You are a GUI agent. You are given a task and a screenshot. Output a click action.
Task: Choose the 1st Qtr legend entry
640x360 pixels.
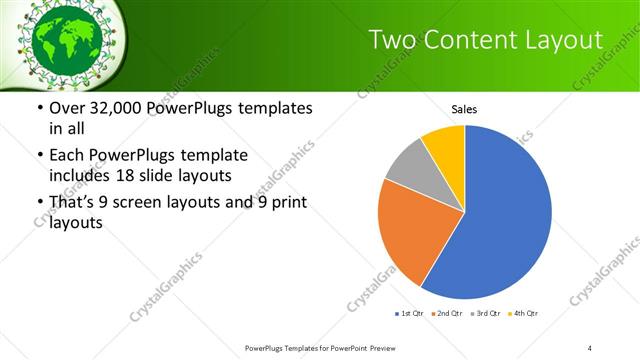pyautogui.click(x=410, y=314)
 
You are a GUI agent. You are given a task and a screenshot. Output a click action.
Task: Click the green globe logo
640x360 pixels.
pyautogui.click(x=62, y=37)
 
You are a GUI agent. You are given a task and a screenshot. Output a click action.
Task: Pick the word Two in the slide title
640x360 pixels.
pyautogui.click(x=392, y=40)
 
